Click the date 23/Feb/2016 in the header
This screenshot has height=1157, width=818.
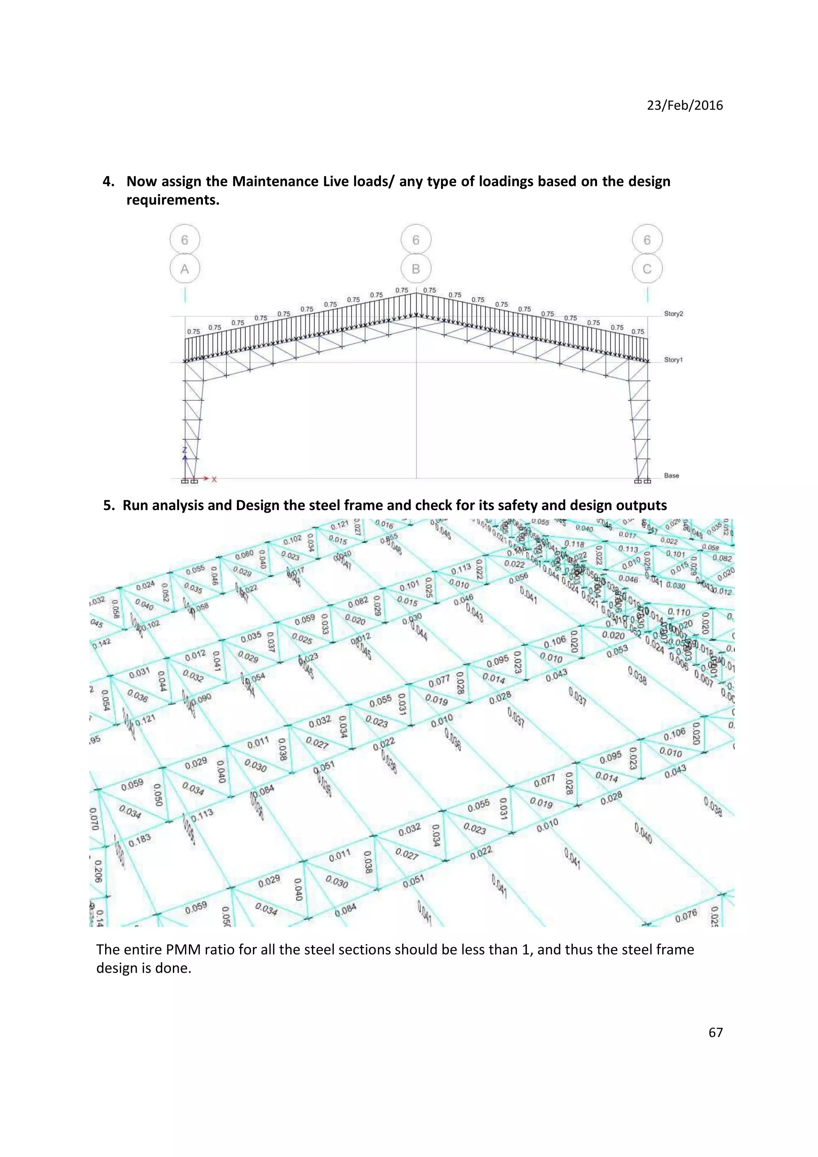point(685,105)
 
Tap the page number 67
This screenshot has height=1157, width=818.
point(715,1032)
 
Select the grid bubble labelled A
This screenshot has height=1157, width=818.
point(185,269)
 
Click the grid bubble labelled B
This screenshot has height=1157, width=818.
point(416,269)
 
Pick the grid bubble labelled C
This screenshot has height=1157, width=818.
point(647,269)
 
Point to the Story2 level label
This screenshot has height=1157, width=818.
point(673,313)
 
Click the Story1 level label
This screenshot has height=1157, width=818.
point(673,360)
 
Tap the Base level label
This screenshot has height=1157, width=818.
point(671,475)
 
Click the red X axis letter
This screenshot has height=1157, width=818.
point(214,479)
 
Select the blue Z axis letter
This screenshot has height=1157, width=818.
point(185,450)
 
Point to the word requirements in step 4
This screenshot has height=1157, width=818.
point(173,200)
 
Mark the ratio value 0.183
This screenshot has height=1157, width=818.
point(140,839)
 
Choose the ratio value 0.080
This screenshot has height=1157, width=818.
point(244,555)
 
